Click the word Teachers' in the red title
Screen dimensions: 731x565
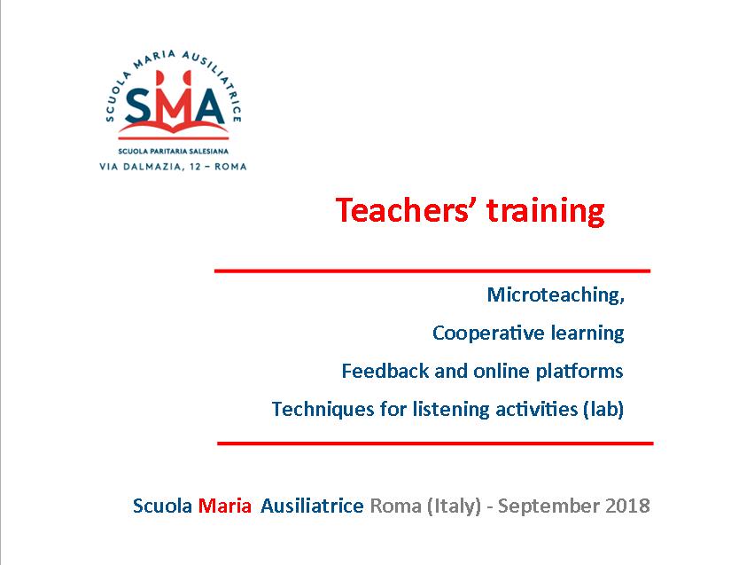[402, 210]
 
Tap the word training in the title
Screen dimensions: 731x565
[546, 212]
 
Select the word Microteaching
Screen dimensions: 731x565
[556, 294]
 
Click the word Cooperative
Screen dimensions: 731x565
[488, 334]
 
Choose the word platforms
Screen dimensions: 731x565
[579, 372]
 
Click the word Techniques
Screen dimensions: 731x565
[323, 410]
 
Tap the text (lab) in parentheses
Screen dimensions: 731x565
[603, 409]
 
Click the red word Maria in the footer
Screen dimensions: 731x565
[225, 506]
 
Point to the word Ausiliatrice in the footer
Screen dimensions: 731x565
[312, 506]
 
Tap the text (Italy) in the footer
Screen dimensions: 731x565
[454, 506]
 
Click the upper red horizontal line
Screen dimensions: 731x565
[432, 271]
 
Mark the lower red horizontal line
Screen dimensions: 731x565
[435, 443]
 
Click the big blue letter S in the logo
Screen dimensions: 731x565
[139, 106]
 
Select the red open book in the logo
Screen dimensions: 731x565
[174, 130]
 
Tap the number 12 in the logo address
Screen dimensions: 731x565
[195, 167]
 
